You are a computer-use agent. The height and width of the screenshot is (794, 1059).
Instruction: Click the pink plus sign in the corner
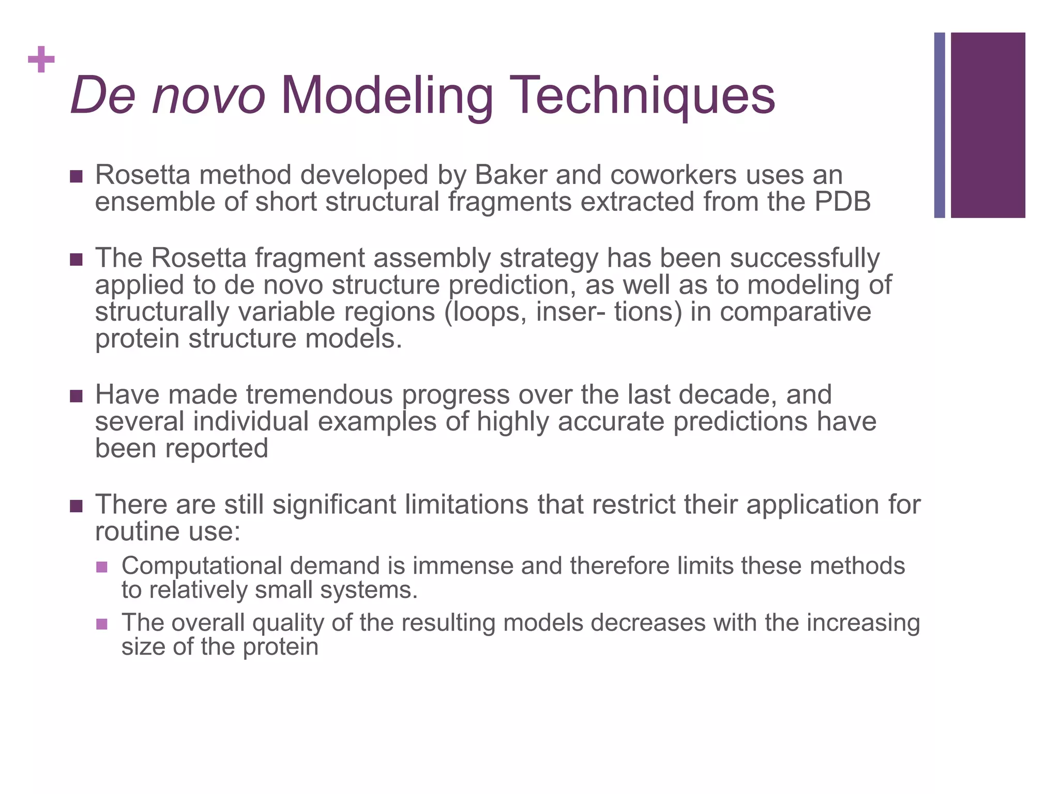[x=41, y=59]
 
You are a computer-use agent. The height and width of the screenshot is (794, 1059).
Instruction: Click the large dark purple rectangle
[x=988, y=125]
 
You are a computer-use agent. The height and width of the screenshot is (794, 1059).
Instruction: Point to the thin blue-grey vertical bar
[x=939, y=125]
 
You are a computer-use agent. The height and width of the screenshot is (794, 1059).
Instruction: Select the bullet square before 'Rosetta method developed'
[x=76, y=177]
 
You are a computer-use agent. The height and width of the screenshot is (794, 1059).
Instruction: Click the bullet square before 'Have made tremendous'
[x=76, y=396]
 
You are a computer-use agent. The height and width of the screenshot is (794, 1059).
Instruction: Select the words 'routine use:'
[x=168, y=531]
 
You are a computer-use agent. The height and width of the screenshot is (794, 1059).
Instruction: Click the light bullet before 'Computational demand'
[x=102, y=567]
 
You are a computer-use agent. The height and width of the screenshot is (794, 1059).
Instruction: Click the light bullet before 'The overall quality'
[x=102, y=624]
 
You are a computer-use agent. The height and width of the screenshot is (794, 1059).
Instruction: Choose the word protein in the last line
[x=280, y=647]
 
